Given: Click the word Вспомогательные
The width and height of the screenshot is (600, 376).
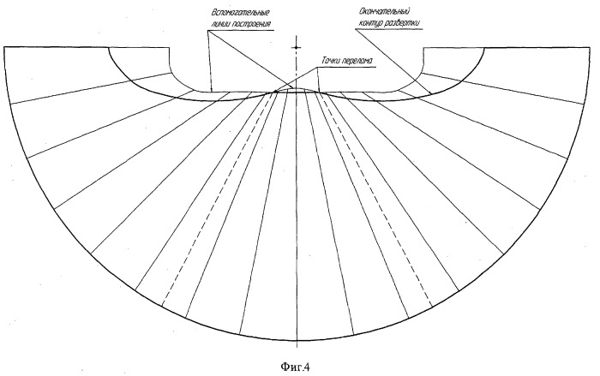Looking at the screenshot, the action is click(x=240, y=12).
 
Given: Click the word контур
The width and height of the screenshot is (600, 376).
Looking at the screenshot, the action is click(x=370, y=23).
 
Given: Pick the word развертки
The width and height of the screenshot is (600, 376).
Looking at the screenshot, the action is click(x=403, y=23).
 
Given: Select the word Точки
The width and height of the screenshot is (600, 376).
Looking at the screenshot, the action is click(x=331, y=61).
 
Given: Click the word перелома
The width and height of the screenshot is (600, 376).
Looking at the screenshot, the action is click(x=357, y=61).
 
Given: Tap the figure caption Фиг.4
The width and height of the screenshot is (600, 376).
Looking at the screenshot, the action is click(x=295, y=367).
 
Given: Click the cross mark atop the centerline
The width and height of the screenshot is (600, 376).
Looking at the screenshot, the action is click(x=296, y=47).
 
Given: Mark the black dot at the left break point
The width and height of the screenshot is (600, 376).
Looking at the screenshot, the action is click(x=275, y=92).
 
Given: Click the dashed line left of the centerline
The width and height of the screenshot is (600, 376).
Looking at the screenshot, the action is click(x=218, y=199).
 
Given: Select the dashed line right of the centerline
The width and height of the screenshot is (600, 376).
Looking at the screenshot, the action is click(x=375, y=199).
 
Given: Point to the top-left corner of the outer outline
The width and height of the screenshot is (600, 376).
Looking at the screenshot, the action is click(x=3, y=46).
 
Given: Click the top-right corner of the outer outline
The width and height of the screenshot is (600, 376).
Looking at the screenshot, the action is click(x=590, y=47).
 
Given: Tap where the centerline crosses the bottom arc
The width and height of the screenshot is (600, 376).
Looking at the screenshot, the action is click(x=297, y=340).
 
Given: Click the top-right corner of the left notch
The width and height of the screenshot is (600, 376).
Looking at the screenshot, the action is click(x=169, y=47).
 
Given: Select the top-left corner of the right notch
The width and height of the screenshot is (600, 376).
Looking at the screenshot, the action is click(x=423, y=48).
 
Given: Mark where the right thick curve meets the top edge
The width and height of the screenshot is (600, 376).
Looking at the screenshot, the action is click(x=484, y=48).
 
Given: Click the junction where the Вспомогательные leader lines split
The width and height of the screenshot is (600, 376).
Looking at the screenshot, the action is click(x=208, y=31).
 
